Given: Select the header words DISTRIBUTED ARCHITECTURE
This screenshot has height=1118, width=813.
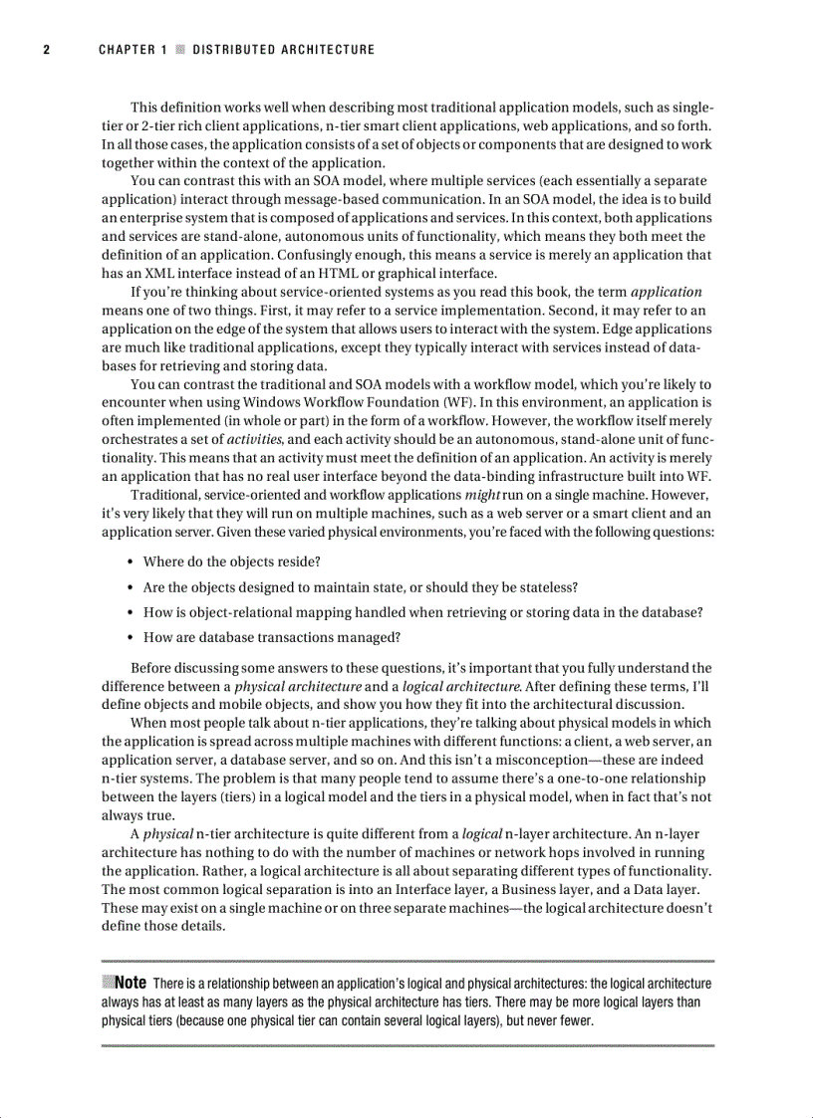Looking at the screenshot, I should [x=283, y=50].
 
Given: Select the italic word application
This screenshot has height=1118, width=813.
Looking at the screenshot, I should [x=667, y=293].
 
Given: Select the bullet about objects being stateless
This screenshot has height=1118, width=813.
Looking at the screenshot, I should [x=361, y=587].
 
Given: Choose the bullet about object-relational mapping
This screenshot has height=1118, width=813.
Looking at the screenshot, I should [x=423, y=612].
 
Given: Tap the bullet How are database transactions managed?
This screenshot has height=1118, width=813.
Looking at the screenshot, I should [x=272, y=637].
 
